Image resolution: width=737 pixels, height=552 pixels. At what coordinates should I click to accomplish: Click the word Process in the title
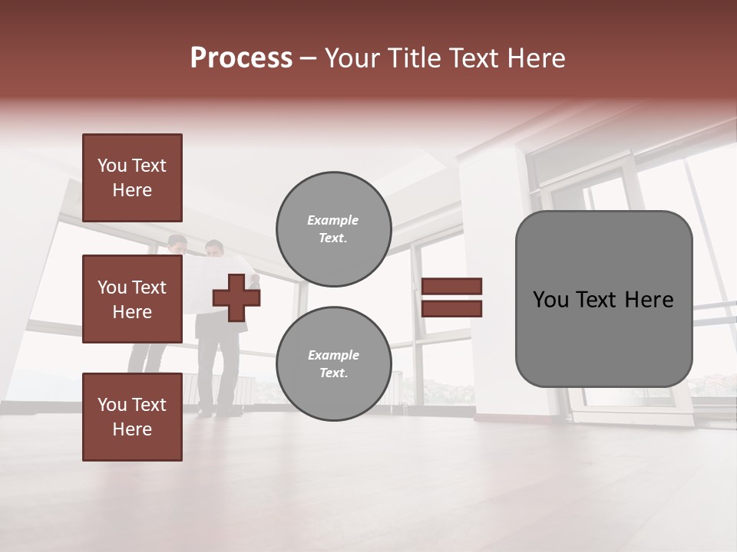tap(240, 58)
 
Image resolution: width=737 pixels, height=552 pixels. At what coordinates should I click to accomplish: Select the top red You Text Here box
tap(132, 178)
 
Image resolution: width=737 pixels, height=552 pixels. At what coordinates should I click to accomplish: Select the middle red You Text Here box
tap(132, 299)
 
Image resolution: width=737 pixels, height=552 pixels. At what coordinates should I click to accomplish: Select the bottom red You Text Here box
tap(132, 417)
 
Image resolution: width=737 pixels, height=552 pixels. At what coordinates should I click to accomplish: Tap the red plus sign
tap(236, 297)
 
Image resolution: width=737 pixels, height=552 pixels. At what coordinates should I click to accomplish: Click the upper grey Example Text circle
tap(333, 228)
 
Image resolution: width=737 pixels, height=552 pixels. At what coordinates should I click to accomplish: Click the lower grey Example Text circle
tap(333, 363)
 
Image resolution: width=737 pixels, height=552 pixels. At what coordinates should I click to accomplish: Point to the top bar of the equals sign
tap(451, 286)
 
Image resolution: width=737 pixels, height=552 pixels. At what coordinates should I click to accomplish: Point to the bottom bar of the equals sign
tap(451, 308)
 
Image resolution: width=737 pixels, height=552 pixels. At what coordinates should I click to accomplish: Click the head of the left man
tap(178, 244)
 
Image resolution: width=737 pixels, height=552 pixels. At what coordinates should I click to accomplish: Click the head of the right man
tap(215, 248)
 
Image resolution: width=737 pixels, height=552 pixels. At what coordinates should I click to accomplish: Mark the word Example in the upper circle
tap(333, 220)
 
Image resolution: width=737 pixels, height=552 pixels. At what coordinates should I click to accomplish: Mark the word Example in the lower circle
tap(333, 355)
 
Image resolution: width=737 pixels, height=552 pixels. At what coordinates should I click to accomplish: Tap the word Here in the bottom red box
tap(132, 429)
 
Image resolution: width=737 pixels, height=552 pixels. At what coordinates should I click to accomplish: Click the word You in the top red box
tap(112, 166)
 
